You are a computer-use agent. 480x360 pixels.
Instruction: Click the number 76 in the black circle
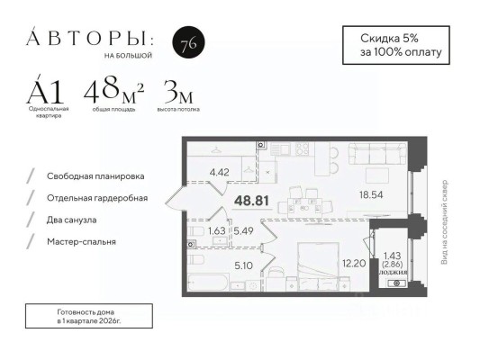[186, 47]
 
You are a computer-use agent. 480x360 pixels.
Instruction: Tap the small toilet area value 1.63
[216, 230]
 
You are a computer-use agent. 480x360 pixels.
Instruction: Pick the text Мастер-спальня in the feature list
[82, 241]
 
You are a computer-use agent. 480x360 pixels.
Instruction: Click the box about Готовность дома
[83, 314]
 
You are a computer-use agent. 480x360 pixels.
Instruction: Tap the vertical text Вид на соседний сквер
[443, 221]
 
